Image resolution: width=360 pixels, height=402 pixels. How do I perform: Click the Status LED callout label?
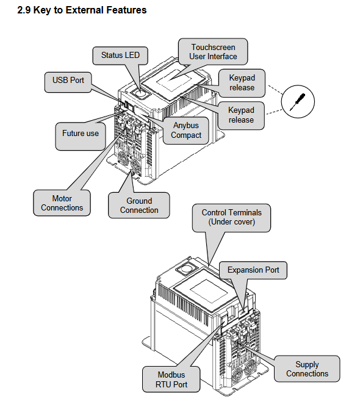pos(120,56)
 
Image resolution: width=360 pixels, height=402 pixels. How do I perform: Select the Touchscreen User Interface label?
pos(213,52)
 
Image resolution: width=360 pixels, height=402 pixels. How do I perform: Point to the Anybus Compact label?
pos(186,131)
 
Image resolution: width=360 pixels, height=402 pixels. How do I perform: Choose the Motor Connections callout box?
pos(62,203)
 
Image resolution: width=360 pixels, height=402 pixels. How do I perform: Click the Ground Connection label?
pos(139,206)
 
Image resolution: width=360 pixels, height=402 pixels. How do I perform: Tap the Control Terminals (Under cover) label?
pos(231,218)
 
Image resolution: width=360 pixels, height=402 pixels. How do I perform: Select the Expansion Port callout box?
pos(253,270)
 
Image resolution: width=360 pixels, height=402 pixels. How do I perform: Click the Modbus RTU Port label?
pos(171,379)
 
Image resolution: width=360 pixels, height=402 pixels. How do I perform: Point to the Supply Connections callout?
pos(307,368)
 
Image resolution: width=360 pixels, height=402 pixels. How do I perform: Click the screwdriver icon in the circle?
pos(298,101)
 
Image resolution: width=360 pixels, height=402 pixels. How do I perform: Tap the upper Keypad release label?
pos(242,83)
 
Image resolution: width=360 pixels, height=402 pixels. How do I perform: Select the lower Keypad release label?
pos(241,115)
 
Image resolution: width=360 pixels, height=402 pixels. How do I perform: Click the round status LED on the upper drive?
pos(140,93)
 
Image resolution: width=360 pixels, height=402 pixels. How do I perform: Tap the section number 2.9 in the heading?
pos(24,10)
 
